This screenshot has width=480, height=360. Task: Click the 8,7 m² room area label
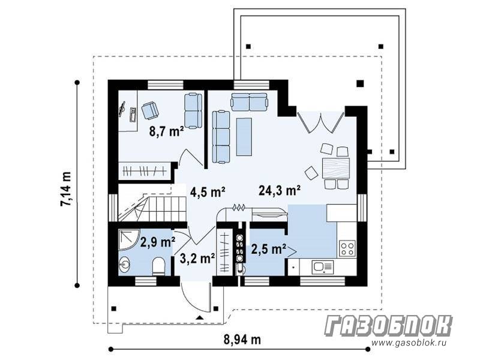coord(166,131)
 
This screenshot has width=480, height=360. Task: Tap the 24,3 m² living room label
coord(279,190)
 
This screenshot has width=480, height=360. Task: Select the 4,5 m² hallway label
coord(208,192)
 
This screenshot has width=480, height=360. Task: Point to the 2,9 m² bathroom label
coord(158,242)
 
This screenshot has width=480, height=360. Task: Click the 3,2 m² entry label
coord(197,259)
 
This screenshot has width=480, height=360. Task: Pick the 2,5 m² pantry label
coord(269,249)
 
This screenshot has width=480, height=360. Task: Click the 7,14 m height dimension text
coord(66,189)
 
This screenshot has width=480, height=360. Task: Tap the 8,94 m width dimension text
coord(242,340)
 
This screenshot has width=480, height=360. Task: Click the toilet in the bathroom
coord(158,266)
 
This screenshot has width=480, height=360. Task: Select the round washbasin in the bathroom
coord(125,264)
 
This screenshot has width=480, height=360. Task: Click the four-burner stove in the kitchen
coord(347,248)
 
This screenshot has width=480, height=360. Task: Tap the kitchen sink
coord(322,267)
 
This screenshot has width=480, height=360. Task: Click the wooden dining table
coord(336,169)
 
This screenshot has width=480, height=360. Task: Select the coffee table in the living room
coord(244,137)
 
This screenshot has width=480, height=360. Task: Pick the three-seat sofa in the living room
coord(221,137)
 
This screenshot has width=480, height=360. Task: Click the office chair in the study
coord(149,110)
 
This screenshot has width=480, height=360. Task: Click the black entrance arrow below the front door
coord(200,317)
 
